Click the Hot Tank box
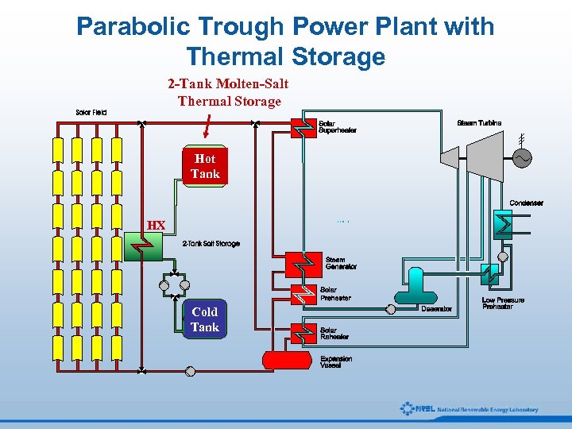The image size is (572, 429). [x=205, y=166]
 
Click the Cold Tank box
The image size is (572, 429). [x=204, y=319]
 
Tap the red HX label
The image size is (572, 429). [x=157, y=226]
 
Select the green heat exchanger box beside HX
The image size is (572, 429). [x=144, y=247]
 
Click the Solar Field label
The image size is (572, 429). [x=91, y=112]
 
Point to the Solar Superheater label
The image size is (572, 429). [x=337, y=127]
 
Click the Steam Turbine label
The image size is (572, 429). [x=479, y=123]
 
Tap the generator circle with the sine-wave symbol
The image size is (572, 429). [x=523, y=159]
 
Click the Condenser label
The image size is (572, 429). [x=526, y=203]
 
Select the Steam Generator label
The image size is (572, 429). [x=341, y=263]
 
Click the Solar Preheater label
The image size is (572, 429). [x=334, y=295]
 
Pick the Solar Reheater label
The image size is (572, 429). [x=334, y=334]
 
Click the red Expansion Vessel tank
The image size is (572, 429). [x=288, y=360]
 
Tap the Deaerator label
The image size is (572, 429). [x=436, y=309]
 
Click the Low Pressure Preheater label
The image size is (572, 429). [x=503, y=303]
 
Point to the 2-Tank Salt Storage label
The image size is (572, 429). [x=211, y=244]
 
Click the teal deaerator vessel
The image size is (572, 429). [x=415, y=287]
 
